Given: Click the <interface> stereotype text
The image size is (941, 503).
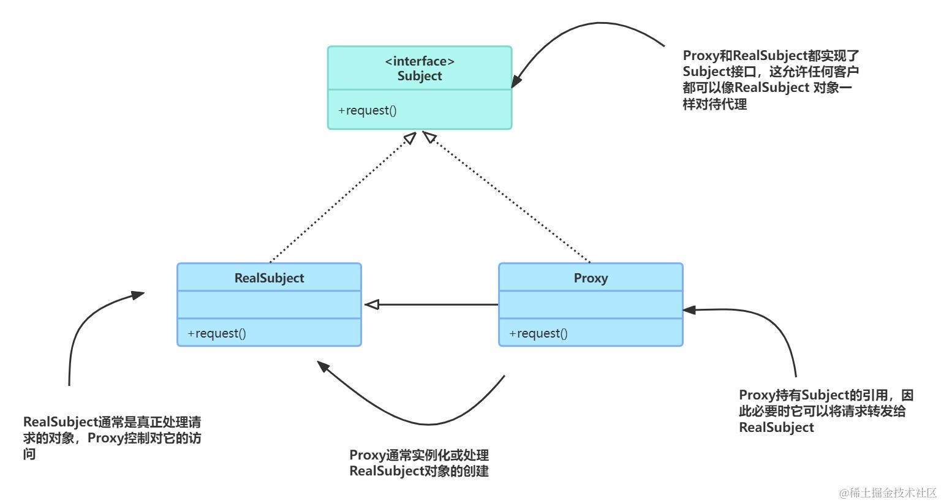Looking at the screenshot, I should click(420, 61).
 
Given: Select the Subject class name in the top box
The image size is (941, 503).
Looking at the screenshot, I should click(420, 76).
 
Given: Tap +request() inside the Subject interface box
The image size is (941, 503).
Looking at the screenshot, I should click(368, 110).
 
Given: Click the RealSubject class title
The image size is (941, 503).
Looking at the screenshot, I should click(269, 278).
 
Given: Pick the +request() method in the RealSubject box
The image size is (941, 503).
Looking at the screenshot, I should click(217, 333).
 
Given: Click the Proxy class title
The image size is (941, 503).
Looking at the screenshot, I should click(591, 278).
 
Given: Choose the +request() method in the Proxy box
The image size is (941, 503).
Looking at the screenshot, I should click(539, 333).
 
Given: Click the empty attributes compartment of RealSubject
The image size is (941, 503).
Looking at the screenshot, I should click(269, 304).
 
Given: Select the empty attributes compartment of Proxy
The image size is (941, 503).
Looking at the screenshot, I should click(591, 304).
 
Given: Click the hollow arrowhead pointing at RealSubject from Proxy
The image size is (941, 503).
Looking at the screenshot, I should click(371, 304).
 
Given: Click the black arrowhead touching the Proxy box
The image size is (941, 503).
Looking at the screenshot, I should click(689, 310).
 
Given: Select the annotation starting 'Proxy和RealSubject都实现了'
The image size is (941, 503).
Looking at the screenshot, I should click(770, 80).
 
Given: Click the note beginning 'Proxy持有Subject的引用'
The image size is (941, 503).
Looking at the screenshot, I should click(825, 410).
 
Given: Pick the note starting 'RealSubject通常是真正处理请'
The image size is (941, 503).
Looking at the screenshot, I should click(112, 437).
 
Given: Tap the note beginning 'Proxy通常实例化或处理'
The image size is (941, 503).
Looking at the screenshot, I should click(419, 463).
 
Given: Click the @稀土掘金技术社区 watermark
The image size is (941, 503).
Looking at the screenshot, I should click(888, 493).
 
